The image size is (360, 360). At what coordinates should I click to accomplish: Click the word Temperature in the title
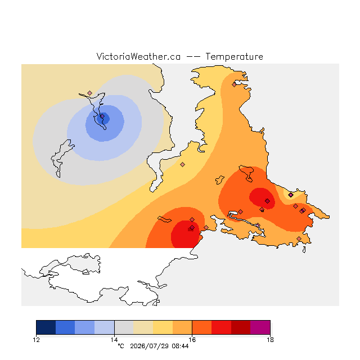[234, 56]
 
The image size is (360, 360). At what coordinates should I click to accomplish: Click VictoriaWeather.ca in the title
[138, 56]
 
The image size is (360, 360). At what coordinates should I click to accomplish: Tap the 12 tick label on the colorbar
[36, 340]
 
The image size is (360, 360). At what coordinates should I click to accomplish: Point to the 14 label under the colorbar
[114, 340]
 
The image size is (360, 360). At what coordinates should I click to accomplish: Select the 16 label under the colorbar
[192, 340]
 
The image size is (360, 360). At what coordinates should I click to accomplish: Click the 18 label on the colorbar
[270, 340]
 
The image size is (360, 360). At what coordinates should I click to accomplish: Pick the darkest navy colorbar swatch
[46, 327]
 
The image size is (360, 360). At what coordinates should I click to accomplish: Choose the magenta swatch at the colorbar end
[260, 327]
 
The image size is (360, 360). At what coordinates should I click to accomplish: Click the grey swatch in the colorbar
[124, 327]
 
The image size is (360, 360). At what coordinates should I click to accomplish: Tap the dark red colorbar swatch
[241, 327]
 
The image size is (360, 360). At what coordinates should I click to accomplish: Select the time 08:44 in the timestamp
[180, 346]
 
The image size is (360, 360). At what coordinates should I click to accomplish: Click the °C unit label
[121, 346]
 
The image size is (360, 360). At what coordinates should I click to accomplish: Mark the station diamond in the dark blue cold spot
[102, 116]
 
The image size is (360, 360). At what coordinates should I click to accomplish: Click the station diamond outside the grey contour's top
[90, 93]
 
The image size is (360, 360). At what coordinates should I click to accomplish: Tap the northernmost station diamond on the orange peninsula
[234, 85]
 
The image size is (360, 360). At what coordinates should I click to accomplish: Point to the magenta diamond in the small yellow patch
[291, 195]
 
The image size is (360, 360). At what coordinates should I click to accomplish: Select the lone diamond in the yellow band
[182, 164]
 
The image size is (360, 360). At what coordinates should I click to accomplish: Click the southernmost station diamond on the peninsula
[299, 238]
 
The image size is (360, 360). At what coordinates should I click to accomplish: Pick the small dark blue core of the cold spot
[103, 119]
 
